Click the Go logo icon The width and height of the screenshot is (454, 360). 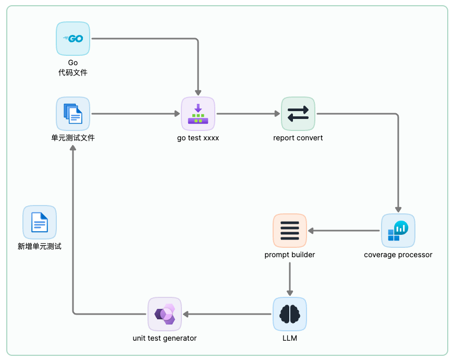pyautogui.click(x=73, y=39)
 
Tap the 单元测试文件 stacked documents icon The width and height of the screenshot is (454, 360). pyautogui.click(x=73, y=114)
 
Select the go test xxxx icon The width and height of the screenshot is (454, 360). pyautogui.click(x=198, y=114)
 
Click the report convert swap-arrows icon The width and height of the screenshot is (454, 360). pyautogui.click(x=298, y=114)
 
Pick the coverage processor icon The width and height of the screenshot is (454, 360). pyautogui.click(x=398, y=231)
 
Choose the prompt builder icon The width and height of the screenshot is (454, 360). pyautogui.click(x=290, y=231)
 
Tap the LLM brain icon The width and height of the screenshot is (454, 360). pyautogui.click(x=290, y=314)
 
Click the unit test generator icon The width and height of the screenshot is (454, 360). pyautogui.click(x=165, y=314)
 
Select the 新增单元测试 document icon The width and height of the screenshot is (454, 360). pyautogui.click(x=40, y=222)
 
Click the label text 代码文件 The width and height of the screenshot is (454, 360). pyautogui.click(x=73, y=73)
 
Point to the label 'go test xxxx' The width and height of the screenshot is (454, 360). pyautogui.click(x=198, y=138)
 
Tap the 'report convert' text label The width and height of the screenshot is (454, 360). pyautogui.click(x=298, y=138)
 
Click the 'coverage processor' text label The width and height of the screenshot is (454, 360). pyautogui.click(x=398, y=255)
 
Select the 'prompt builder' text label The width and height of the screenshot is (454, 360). pyautogui.click(x=290, y=255)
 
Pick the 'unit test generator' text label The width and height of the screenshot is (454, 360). pyautogui.click(x=165, y=338)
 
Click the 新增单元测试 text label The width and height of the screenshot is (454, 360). pyautogui.click(x=40, y=246)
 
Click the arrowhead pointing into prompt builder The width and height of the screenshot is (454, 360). pyautogui.click(x=311, y=231)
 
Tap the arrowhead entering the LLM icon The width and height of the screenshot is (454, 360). pyautogui.click(x=290, y=293)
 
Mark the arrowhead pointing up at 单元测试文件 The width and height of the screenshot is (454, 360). pyautogui.click(x=73, y=148)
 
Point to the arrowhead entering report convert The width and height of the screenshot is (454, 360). pyautogui.click(x=277, y=114)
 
